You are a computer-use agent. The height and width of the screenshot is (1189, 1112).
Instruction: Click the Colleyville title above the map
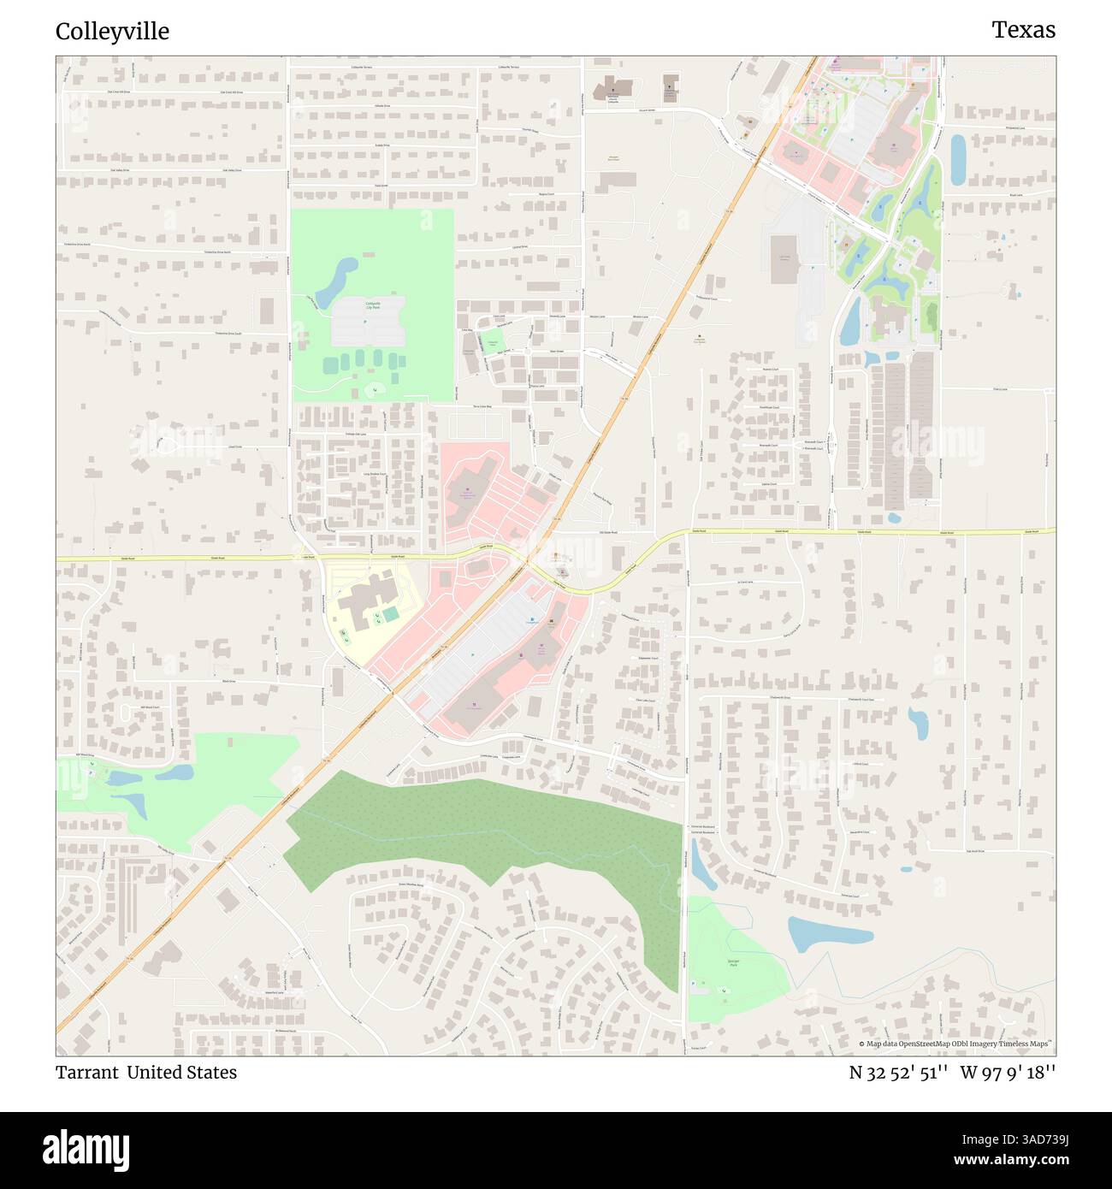tap(112, 32)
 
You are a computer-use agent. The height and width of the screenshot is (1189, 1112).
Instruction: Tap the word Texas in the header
tap(1023, 30)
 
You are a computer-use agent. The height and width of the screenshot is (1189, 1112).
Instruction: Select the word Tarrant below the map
tap(86, 1072)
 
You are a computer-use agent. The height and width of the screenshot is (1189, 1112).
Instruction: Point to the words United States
tap(181, 1072)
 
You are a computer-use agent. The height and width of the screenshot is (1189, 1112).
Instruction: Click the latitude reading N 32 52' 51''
tap(897, 1072)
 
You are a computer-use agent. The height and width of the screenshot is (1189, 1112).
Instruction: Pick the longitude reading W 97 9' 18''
tap(1007, 1072)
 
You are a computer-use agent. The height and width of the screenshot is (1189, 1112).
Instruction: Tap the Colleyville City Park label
tap(373, 305)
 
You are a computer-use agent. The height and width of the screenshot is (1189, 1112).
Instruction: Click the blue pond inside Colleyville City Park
tap(336, 280)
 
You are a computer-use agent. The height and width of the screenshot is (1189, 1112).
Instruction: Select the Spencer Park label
tap(733, 963)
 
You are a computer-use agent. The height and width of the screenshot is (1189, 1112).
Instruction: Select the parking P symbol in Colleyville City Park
tap(364, 322)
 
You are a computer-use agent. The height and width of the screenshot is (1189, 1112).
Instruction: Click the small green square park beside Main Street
tap(493, 345)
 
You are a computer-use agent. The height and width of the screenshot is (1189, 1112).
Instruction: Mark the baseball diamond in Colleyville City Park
tap(374, 390)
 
